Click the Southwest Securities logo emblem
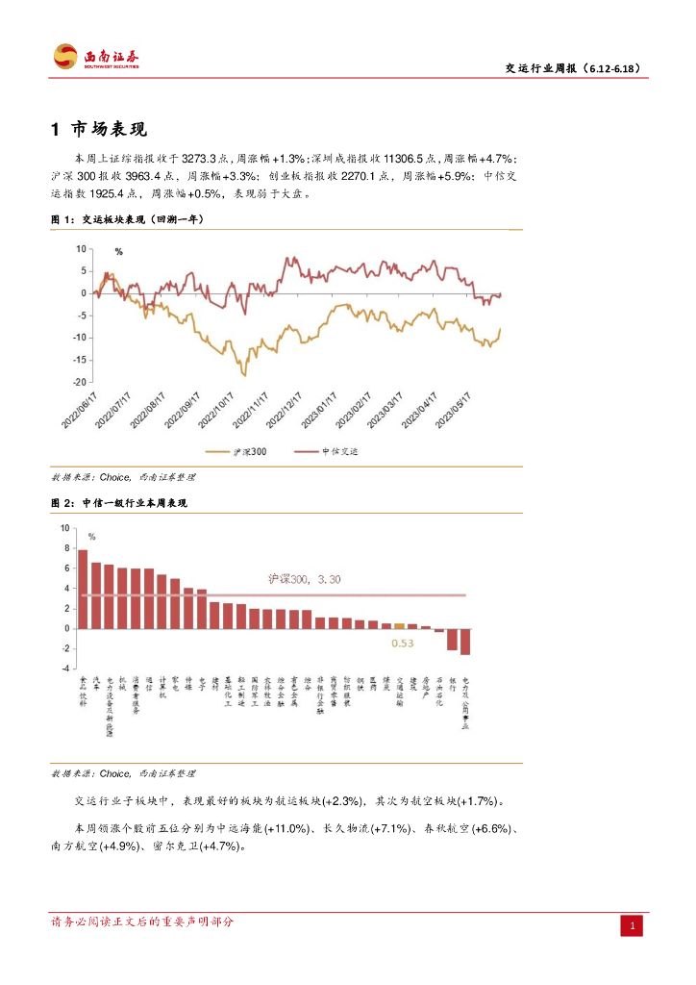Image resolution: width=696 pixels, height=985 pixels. click(65, 57)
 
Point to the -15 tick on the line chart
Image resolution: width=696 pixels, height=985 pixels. click(81, 360)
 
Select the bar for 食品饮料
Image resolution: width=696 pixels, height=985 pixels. click(83, 589)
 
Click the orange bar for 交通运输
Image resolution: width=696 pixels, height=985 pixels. click(399, 625)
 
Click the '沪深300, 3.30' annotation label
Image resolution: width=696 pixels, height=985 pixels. click(305, 579)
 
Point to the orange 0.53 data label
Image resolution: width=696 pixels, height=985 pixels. click(402, 643)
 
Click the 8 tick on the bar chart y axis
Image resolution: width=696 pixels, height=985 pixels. click(65, 548)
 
